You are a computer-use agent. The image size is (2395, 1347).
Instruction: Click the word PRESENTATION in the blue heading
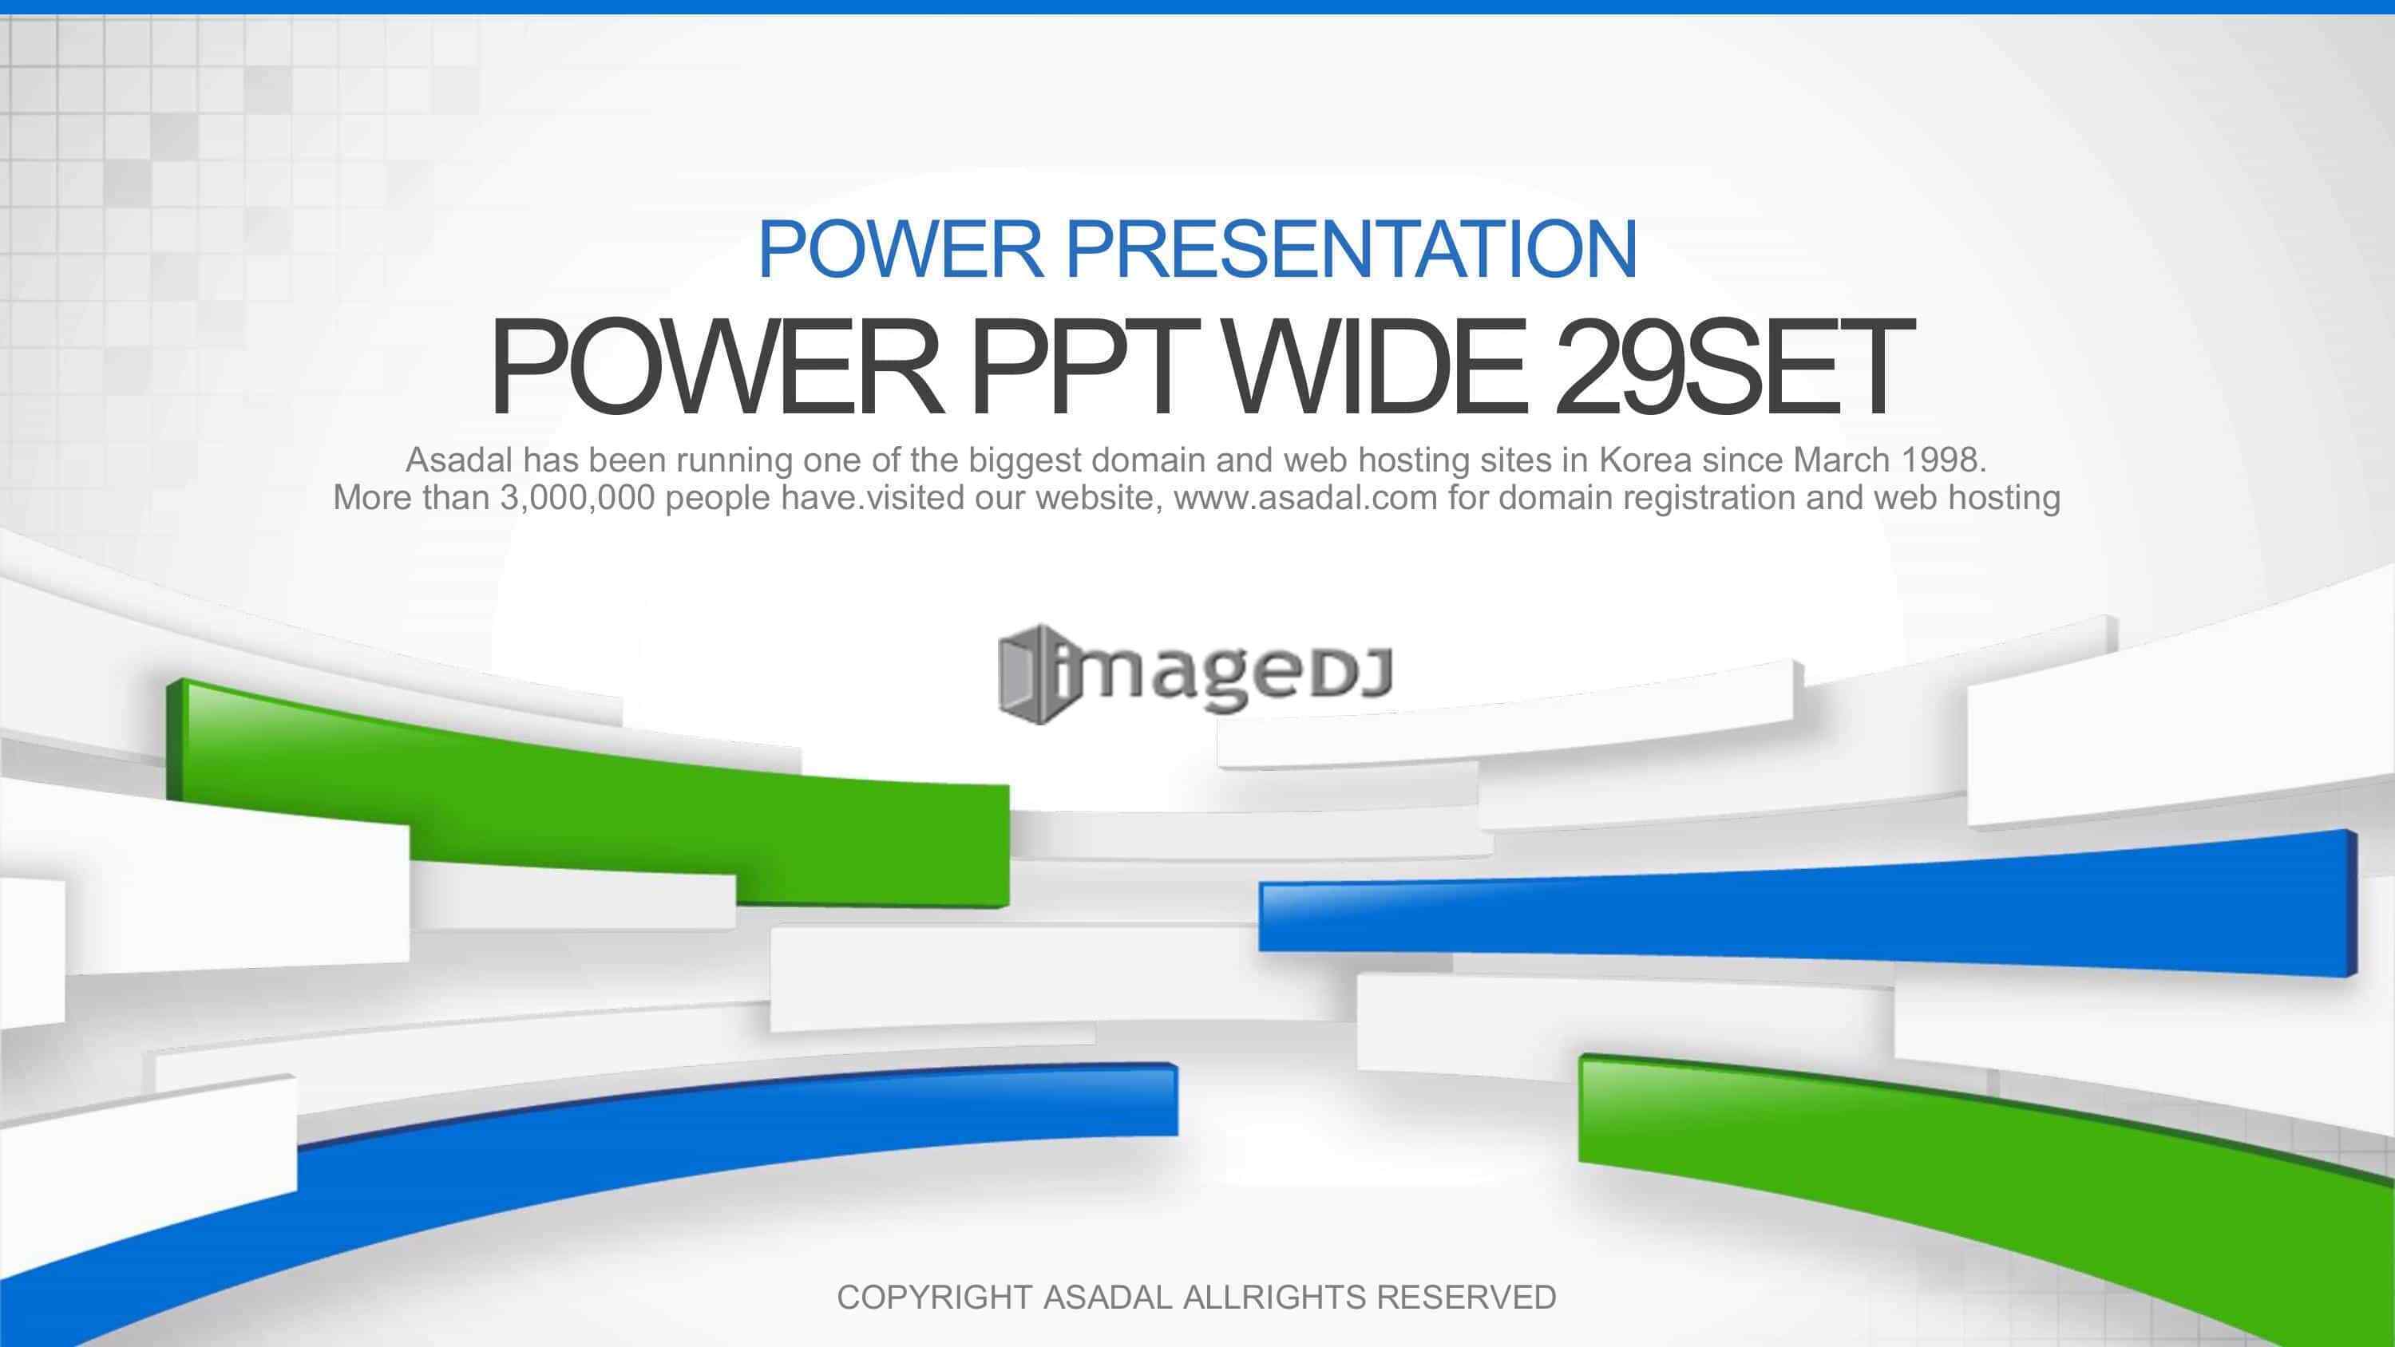[x=1350, y=249]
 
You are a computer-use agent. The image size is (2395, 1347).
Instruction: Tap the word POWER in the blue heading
[x=901, y=249]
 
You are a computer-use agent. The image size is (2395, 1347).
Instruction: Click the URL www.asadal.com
[x=1305, y=498]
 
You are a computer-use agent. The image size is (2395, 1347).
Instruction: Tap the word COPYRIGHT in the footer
[x=933, y=1297]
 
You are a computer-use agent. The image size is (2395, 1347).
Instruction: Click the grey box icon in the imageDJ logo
[x=1027, y=674]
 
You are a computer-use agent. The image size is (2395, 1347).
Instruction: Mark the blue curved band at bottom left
[x=595, y=1171]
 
